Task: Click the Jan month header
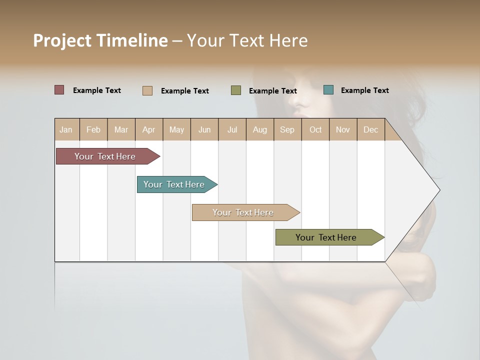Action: [66, 129]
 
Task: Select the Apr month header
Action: [148, 129]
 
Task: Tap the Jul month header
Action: [232, 129]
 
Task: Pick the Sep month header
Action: [287, 129]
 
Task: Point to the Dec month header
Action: [370, 129]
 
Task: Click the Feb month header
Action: [93, 129]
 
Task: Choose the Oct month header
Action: [315, 129]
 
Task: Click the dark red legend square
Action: [59, 90]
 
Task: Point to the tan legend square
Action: [147, 90]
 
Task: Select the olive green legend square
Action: [236, 90]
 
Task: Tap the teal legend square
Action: [328, 90]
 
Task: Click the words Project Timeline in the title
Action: [100, 40]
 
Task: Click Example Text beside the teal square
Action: [364, 90]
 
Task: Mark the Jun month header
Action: [204, 129]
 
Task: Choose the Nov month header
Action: [343, 129]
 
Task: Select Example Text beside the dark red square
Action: [97, 90]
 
